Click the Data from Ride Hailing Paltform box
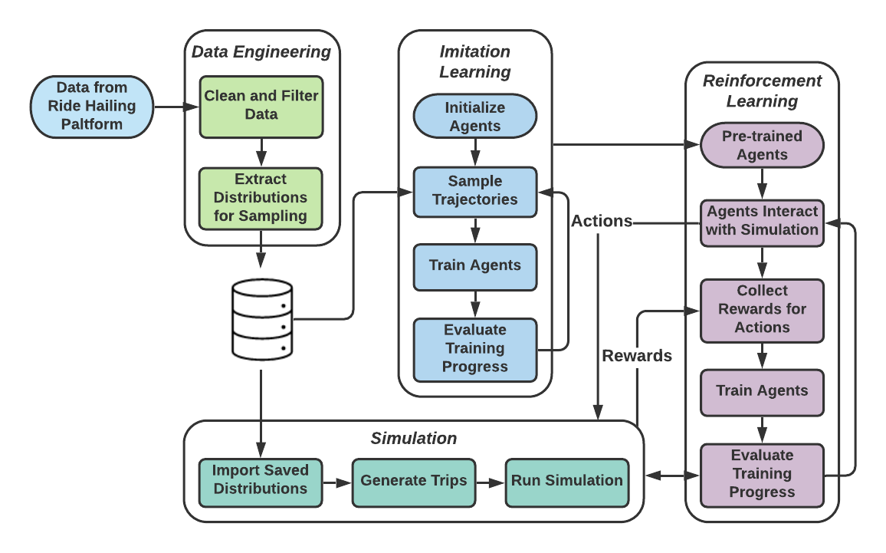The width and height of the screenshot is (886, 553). click(x=92, y=106)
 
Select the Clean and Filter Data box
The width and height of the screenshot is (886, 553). click(x=261, y=105)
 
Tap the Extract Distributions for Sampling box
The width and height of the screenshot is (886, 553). click(x=261, y=197)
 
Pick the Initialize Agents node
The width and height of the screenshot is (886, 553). click(x=475, y=117)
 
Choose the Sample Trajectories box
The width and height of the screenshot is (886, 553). click(x=475, y=190)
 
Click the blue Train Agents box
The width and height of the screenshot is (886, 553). click(x=475, y=265)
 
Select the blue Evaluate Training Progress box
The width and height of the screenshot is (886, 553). click(x=475, y=348)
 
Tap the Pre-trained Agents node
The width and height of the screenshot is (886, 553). click(x=762, y=145)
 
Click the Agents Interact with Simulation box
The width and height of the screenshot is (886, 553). click(x=762, y=221)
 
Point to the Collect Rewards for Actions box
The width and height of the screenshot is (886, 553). click(x=762, y=309)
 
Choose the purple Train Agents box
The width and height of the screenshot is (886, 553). click(x=762, y=390)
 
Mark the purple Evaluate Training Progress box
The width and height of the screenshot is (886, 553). click(x=762, y=473)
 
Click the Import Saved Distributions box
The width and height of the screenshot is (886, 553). click(x=261, y=480)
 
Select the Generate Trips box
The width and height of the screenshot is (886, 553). click(x=414, y=481)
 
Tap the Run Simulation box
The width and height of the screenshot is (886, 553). click(x=567, y=481)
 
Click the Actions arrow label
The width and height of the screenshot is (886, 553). click(x=602, y=222)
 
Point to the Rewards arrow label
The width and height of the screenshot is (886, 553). click(x=637, y=356)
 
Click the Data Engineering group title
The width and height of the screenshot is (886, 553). click(x=261, y=52)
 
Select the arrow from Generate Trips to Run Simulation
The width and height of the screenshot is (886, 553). click(x=490, y=482)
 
